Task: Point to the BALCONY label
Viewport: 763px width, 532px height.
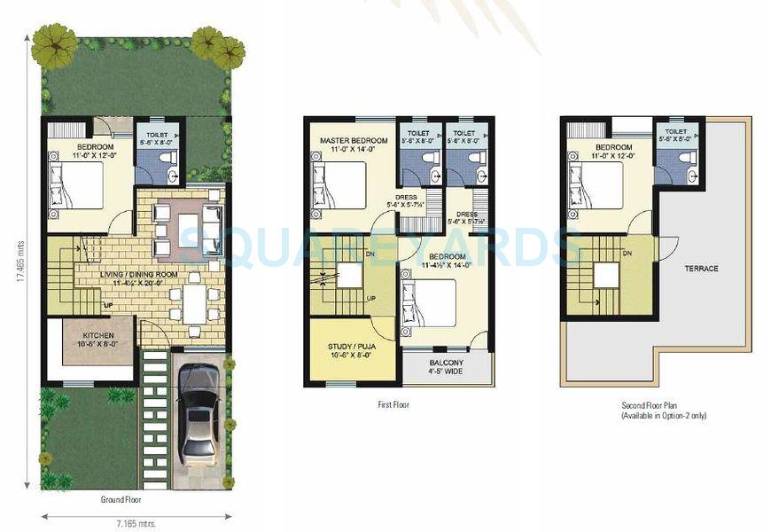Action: [447, 363]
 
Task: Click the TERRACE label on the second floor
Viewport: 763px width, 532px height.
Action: [700, 269]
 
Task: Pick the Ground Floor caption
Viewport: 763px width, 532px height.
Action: [121, 499]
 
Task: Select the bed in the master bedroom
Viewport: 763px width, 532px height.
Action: [339, 185]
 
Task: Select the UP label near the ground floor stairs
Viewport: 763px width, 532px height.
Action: [108, 306]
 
